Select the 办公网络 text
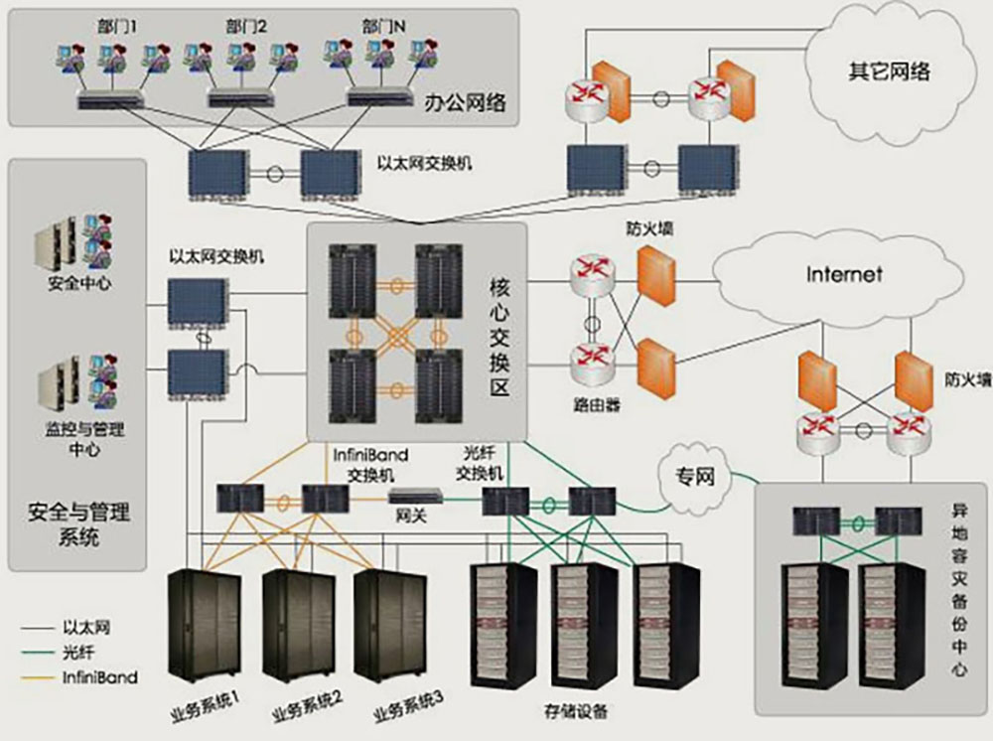(464, 101)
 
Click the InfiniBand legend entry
(99, 677)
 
